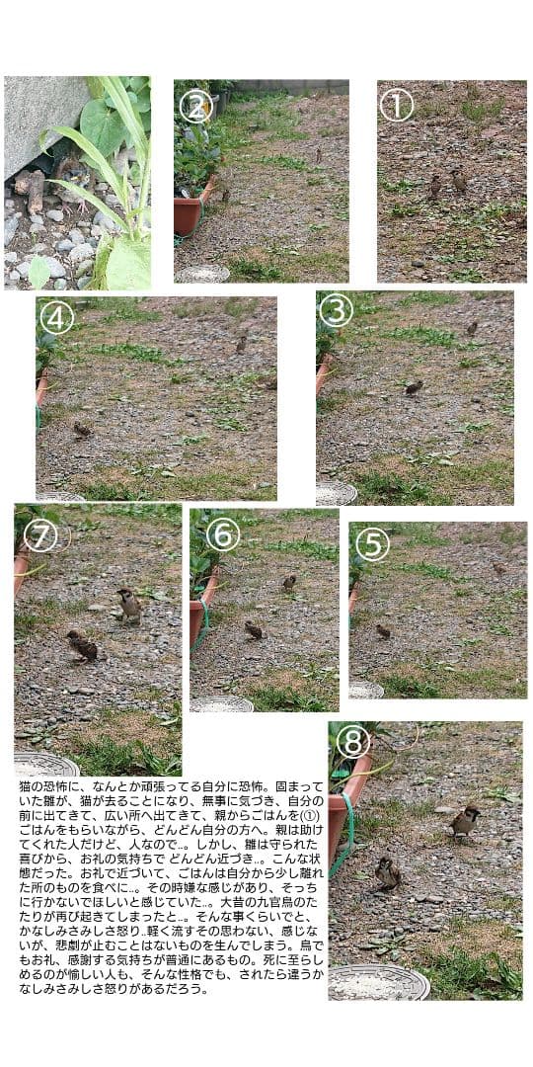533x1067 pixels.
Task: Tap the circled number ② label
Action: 194,106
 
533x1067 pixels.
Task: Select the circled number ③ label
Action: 336,311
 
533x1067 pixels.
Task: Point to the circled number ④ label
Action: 57,317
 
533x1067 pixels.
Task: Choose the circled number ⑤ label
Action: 372,544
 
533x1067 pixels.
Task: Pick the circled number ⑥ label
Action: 222,534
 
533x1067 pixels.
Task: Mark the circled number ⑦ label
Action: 40,535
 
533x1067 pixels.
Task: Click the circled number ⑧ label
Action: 353,742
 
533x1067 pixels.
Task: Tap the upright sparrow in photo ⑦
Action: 128,604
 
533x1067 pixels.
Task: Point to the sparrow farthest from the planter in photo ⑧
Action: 463,819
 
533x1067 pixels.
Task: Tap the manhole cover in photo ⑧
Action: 379,982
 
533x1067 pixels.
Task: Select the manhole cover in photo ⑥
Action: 221,704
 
